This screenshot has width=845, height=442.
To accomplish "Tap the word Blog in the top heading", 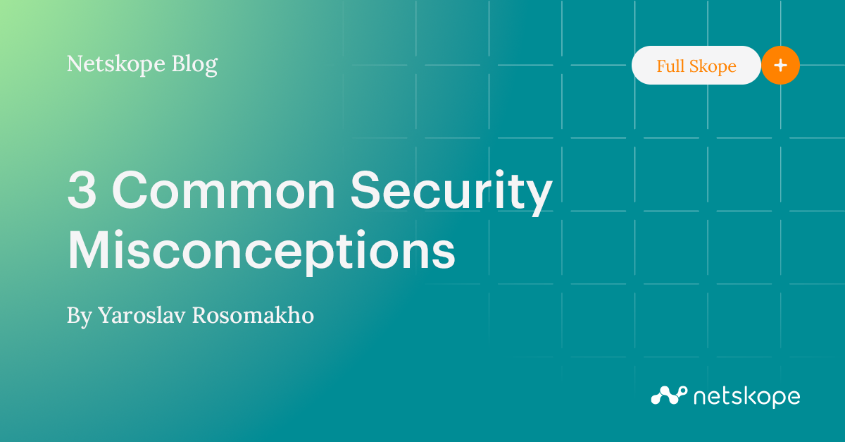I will tap(194, 65).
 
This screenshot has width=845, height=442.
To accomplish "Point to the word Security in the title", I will tap(451, 192).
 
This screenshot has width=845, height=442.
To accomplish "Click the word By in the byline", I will tap(79, 316).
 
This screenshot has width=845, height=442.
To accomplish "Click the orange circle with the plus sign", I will tap(780, 66).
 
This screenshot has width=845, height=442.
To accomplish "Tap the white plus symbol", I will tap(780, 66).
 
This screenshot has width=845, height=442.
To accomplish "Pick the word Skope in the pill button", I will tap(713, 66).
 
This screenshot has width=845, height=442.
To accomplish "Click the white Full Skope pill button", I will tap(696, 66).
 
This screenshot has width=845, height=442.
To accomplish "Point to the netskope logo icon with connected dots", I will tap(668, 395).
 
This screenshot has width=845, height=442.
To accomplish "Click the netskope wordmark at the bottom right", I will tap(746, 397).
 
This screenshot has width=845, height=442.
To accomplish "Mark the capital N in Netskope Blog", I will tap(75, 65).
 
